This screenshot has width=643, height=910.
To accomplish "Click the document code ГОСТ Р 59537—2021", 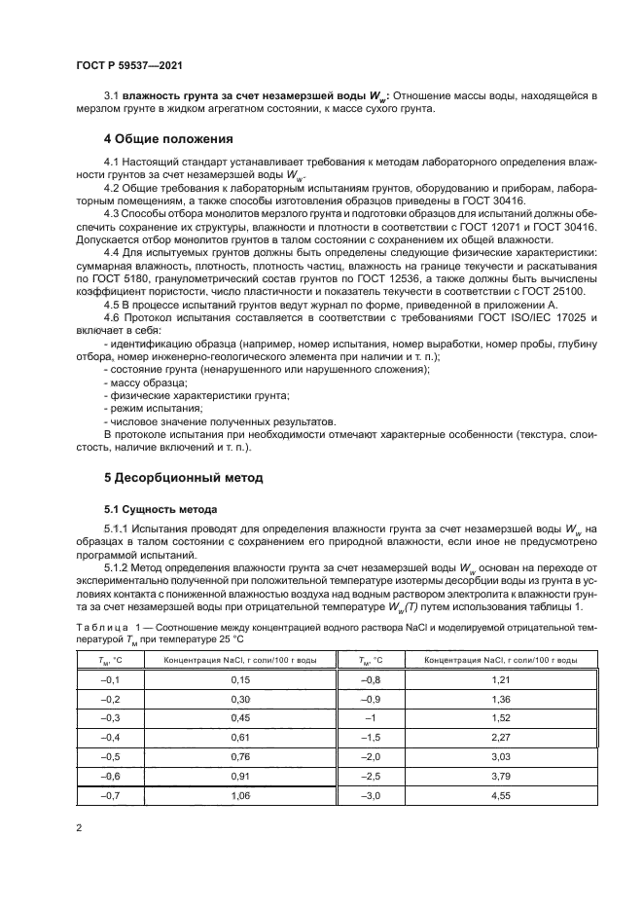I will (129, 66).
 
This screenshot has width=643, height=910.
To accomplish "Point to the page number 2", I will (79, 827).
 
